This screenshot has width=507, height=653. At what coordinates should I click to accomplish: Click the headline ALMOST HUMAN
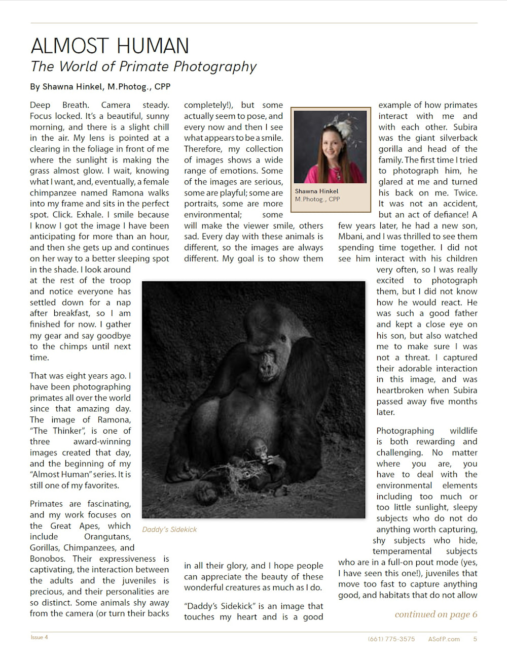tap(110, 46)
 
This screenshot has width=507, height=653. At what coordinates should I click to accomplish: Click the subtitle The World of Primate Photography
tap(143, 67)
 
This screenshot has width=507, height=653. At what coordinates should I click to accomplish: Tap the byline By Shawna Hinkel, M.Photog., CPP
tap(100, 87)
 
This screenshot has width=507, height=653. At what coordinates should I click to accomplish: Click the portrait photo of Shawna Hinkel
tap(330, 147)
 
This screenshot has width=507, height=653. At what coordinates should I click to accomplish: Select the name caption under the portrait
tap(317, 195)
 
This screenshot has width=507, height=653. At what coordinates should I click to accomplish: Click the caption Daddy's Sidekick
tap(169, 530)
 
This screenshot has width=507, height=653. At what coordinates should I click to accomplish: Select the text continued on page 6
tap(436, 614)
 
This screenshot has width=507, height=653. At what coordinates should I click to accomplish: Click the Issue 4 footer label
tap(40, 637)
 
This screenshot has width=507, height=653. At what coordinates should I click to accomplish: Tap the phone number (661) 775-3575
tap(391, 639)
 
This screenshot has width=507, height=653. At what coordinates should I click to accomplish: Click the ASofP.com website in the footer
tap(444, 639)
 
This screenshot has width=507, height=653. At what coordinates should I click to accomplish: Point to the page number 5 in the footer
tap(475, 639)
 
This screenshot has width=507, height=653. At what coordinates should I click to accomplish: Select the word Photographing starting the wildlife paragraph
tap(405, 431)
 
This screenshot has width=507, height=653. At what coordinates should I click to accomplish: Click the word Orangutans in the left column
tap(107, 537)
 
